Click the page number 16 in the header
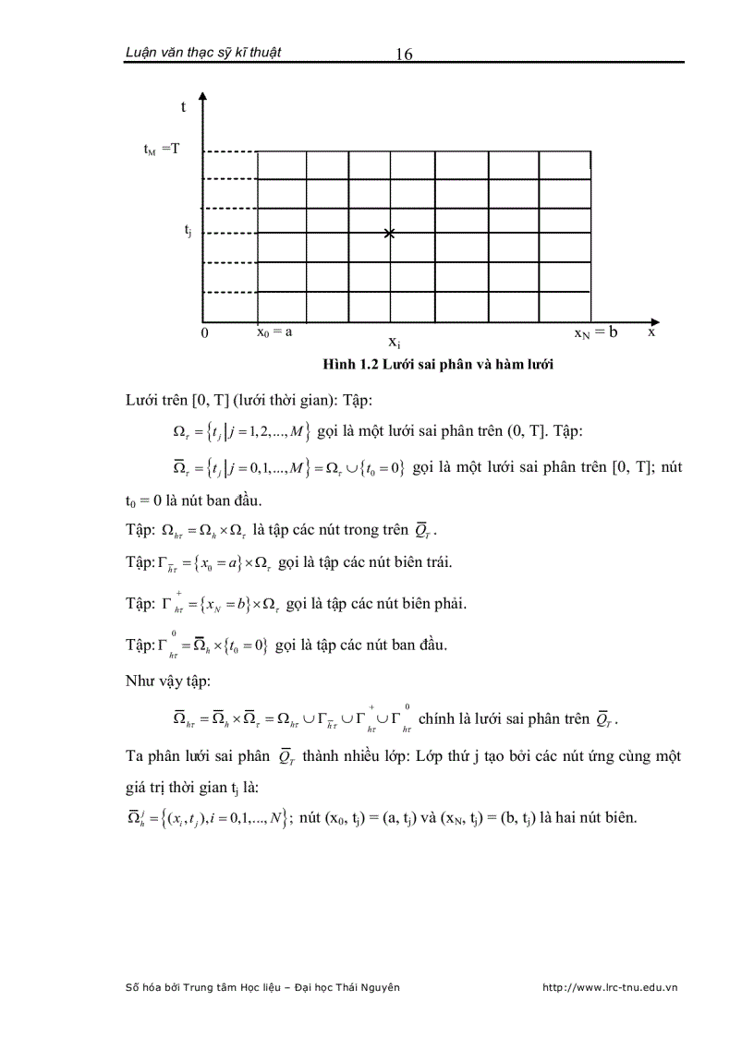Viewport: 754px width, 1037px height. click(x=403, y=54)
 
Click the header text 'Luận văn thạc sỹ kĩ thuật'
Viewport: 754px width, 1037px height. click(x=203, y=52)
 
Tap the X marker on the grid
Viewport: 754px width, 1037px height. click(x=389, y=234)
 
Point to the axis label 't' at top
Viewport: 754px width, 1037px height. click(x=183, y=106)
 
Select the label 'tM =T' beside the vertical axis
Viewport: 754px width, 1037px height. click(x=161, y=149)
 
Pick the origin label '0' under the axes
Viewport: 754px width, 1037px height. click(x=204, y=332)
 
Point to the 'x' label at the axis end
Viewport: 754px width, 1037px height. click(x=651, y=331)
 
